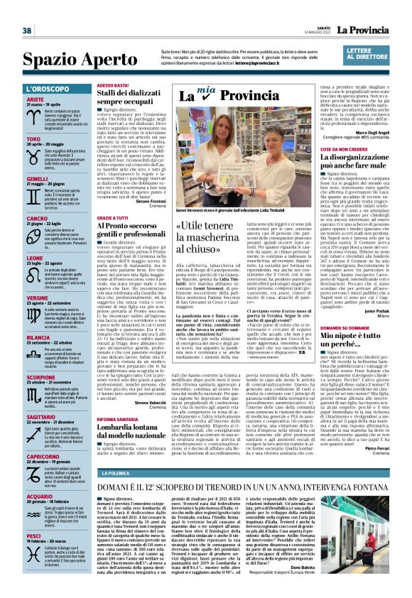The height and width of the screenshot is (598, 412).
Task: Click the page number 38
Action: (27, 31)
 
